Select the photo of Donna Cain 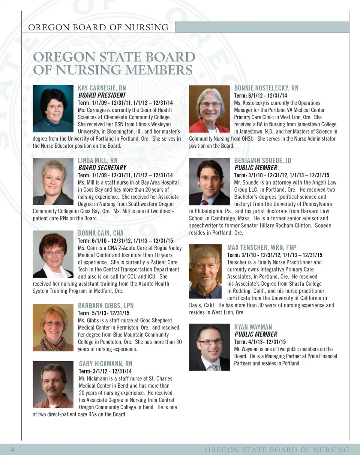pyautogui.click(x=53, y=254)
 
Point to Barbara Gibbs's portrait pyautogui.click(x=53, y=327)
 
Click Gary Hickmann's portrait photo pyautogui.click(x=53, y=384)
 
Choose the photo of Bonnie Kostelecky pyautogui.click(x=209, y=109)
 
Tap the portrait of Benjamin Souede pyautogui.click(x=209, y=181)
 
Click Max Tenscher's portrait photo pyautogui.click(x=205, y=271)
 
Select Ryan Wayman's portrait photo pyautogui.click(x=209, y=347)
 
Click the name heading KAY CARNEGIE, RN pyautogui.click(x=102, y=88)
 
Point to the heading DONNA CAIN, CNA pyautogui.click(x=100, y=233)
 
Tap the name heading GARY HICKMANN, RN pyautogui.click(x=105, y=364)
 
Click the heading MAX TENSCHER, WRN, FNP pyautogui.click(x=262, y=247)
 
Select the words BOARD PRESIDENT pyautogui.click(x=102, y=95)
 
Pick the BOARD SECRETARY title pyautogui.click(x=102, y=168)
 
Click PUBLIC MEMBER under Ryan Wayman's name pyautogui.click(x=256, y=334)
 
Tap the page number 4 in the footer pyautogui.click(x=12, y=449)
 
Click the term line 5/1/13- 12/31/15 pyautogui.click(x=103, y=313)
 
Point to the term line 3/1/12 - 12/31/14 pyautogui.click(x=105, y=371)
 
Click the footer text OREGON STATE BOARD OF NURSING pyautogui.click(x=277, y=450)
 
